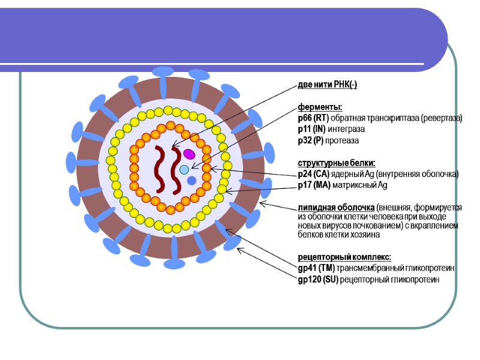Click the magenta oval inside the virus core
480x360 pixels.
click(x=190, y=154)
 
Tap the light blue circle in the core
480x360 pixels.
click(x=184, y=170)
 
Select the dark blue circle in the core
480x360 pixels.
click(x=191, y=181)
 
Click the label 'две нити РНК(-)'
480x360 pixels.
click(x=328, y=85)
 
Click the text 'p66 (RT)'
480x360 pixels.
click(x=313, y=118)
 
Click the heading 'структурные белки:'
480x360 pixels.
click(x=337, y=163)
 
